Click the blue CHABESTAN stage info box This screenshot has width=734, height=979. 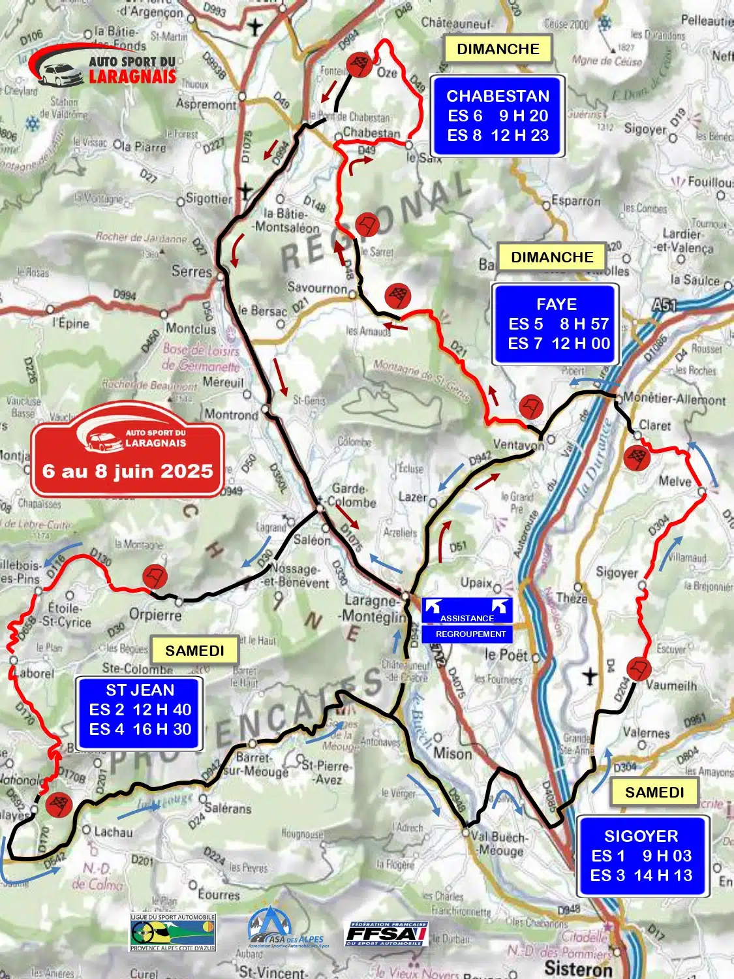[x=497, y=116]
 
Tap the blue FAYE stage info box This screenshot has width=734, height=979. [x=555, y=324]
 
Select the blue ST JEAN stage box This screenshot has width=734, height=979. [x=140, y=710]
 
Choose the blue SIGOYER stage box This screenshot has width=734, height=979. [x=641, y=856]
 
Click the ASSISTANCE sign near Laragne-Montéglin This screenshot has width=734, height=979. [x=467, y=610]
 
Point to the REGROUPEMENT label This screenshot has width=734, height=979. [x=470, y=634]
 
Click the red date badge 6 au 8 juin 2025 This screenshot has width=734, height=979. [x=128, y=452]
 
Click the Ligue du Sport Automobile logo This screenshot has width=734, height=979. [x=172, y=932]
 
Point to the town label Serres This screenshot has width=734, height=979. [x=191, y=271]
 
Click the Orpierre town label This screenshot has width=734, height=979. [x=155, y=614]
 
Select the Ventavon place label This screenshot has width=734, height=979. [x=518, y=444]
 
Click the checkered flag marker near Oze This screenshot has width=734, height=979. [x=359, y=65]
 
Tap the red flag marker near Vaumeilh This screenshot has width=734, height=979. [x=639, y=670]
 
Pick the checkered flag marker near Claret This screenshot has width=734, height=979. [x=636, y=457]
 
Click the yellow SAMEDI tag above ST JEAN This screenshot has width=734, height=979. [x=194, y=651]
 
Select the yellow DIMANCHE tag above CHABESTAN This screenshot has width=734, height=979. [x=498, y=49]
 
